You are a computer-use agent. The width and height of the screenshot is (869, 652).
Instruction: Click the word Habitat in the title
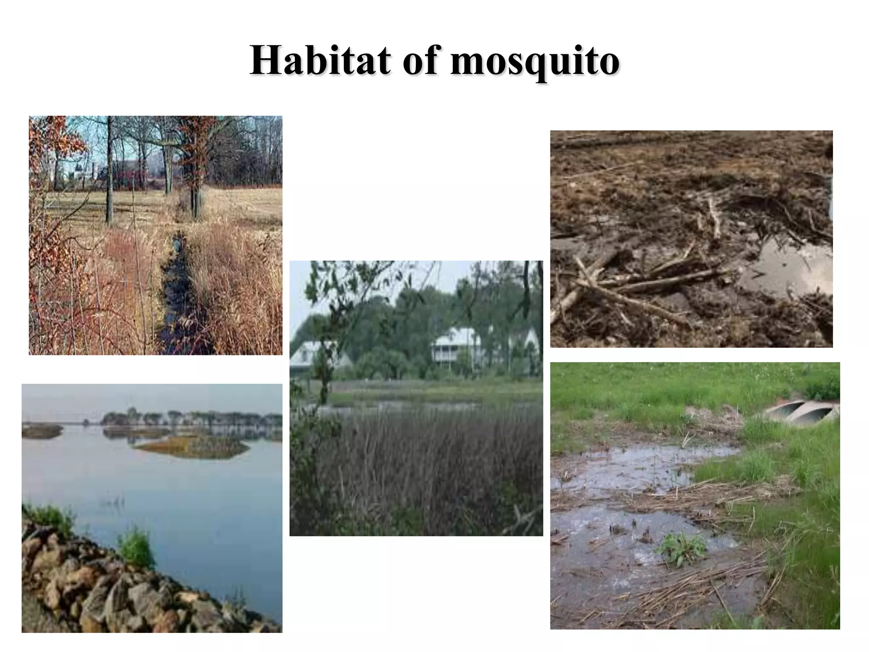pos(321,61)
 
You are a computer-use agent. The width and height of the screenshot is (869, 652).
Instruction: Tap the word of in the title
pos(420,61)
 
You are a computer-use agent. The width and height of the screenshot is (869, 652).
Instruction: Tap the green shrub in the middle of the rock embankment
pos(135,548)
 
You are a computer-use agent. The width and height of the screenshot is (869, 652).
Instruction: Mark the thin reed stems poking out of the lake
pos(112,501)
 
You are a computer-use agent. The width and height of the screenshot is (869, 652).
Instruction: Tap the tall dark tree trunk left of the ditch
pos(109,170)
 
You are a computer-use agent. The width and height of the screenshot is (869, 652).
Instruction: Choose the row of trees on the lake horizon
pos(191,418)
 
